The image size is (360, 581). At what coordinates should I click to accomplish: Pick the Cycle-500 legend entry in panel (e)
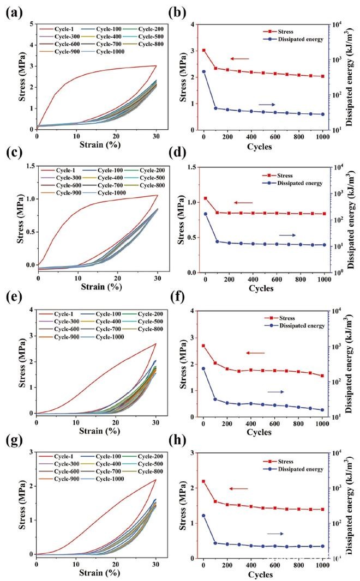click(x=152, y=321)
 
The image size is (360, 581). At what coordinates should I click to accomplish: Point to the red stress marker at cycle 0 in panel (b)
click(x=203, y=50)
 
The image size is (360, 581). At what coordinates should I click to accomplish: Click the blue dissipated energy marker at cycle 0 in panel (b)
click(x=203, y=71)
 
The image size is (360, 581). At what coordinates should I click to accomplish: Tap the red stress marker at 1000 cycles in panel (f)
click(x=322, y=376)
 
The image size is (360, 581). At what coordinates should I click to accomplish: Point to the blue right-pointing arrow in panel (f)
click(x=276, y=392)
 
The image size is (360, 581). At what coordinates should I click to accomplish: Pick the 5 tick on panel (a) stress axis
click(x=32, y=24)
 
